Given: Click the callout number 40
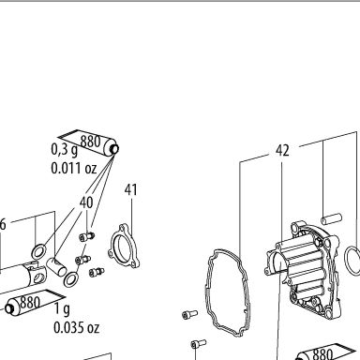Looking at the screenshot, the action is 86,202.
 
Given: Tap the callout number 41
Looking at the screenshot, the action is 130,189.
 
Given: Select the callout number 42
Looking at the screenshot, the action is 282,150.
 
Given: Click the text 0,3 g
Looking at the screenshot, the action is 64,150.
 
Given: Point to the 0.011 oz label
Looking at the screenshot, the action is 74,168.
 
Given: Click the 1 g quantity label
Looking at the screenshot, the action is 62,309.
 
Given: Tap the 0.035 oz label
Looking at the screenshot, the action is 76,327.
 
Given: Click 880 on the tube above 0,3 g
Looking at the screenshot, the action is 90,142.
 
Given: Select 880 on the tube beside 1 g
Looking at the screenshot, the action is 30,302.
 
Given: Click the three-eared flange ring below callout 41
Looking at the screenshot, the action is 125,246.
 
